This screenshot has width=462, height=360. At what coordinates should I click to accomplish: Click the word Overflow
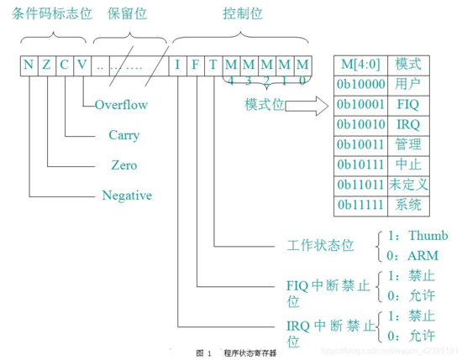(x=121, y=106)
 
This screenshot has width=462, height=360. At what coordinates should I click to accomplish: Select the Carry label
(x=123, y=135)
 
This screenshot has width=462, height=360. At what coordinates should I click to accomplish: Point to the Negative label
(x=127, y=196)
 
